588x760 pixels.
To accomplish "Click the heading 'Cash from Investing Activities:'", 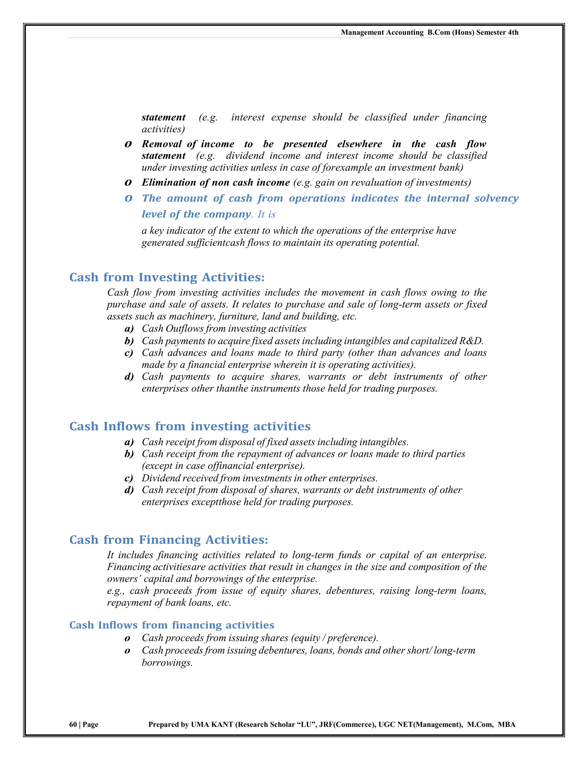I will point(167,277).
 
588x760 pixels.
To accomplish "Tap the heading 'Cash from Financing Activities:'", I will point(169,540).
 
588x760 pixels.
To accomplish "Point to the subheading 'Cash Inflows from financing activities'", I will point(172,625).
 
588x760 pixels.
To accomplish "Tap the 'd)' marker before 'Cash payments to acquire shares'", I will point(129,377).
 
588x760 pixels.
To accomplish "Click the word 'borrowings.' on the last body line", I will point(167,662).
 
